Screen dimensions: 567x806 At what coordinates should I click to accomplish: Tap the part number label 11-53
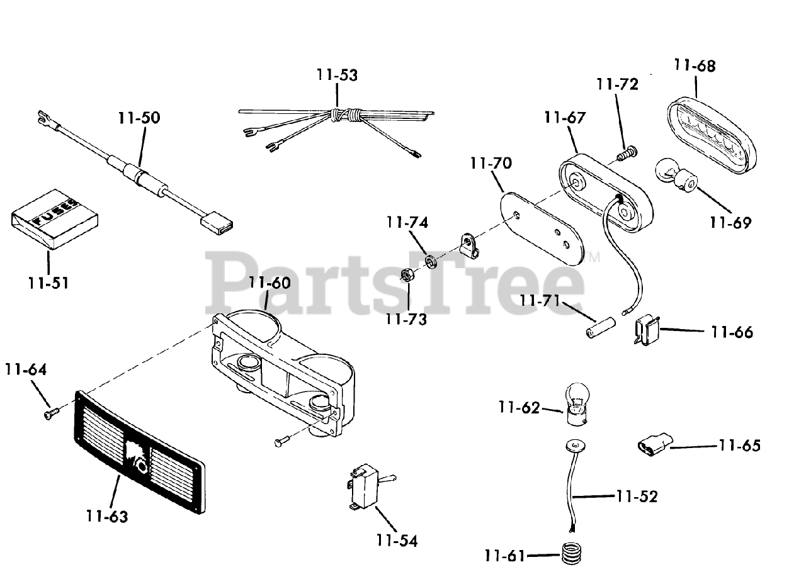click(337, 76)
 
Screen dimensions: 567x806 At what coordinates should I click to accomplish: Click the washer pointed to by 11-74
click(431, 260)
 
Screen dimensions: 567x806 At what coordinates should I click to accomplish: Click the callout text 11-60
click(270, 283)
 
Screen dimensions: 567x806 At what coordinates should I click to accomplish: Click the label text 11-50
click(139, 118)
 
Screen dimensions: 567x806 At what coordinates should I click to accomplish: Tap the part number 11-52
click(637, 497)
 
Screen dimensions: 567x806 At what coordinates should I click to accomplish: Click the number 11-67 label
click(565, 118)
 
